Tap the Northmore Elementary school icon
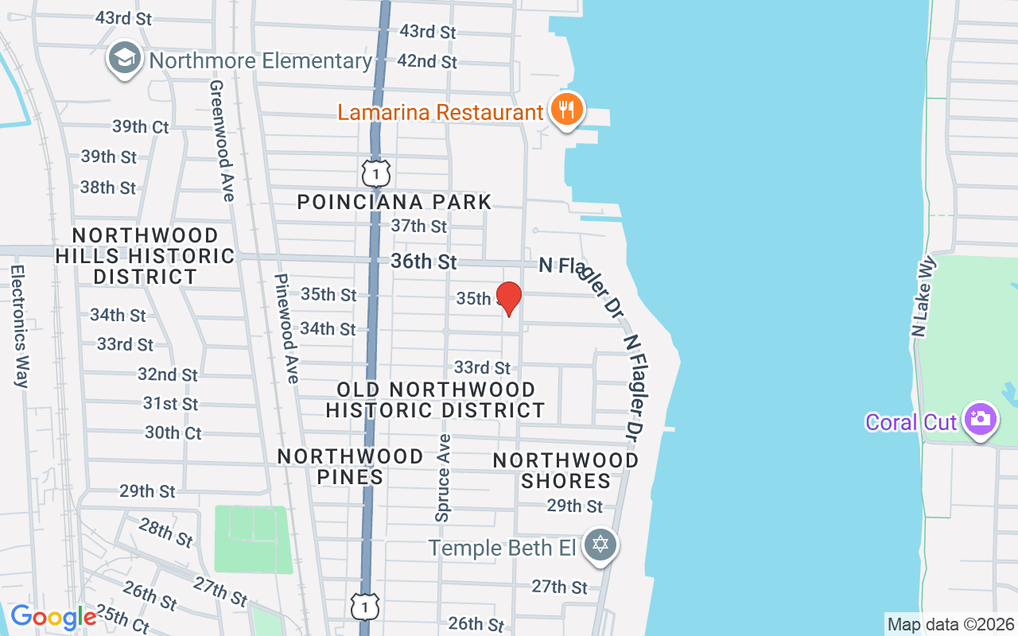[x=126, y=60]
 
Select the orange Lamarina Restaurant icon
[x=566, y=111]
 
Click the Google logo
[x=53, y=617]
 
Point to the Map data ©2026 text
[x=951, y=624]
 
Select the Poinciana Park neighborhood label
[x=394, y=202]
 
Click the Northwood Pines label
[x=350, y=467]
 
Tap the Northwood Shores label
[x=565, y=471]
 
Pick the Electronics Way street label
[x=20, y=326]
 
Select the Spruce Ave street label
[x=443, y=477]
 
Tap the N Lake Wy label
[x=923, y=297]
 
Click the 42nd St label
[x=427, y=61]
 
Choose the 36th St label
[x=424, y=262]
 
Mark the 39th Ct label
[x=140, y=126]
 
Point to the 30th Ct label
[x=173, y=433]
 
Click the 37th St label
[x=419, y=227]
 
